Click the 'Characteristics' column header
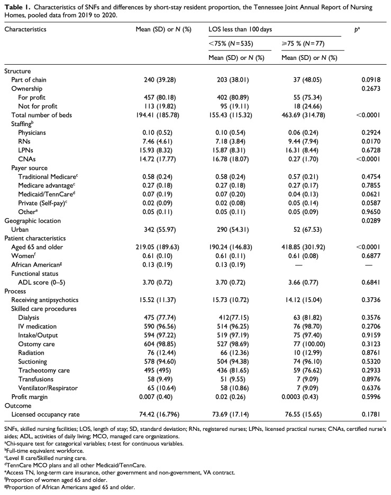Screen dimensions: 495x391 pyautogui.click(x=25, y=30)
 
